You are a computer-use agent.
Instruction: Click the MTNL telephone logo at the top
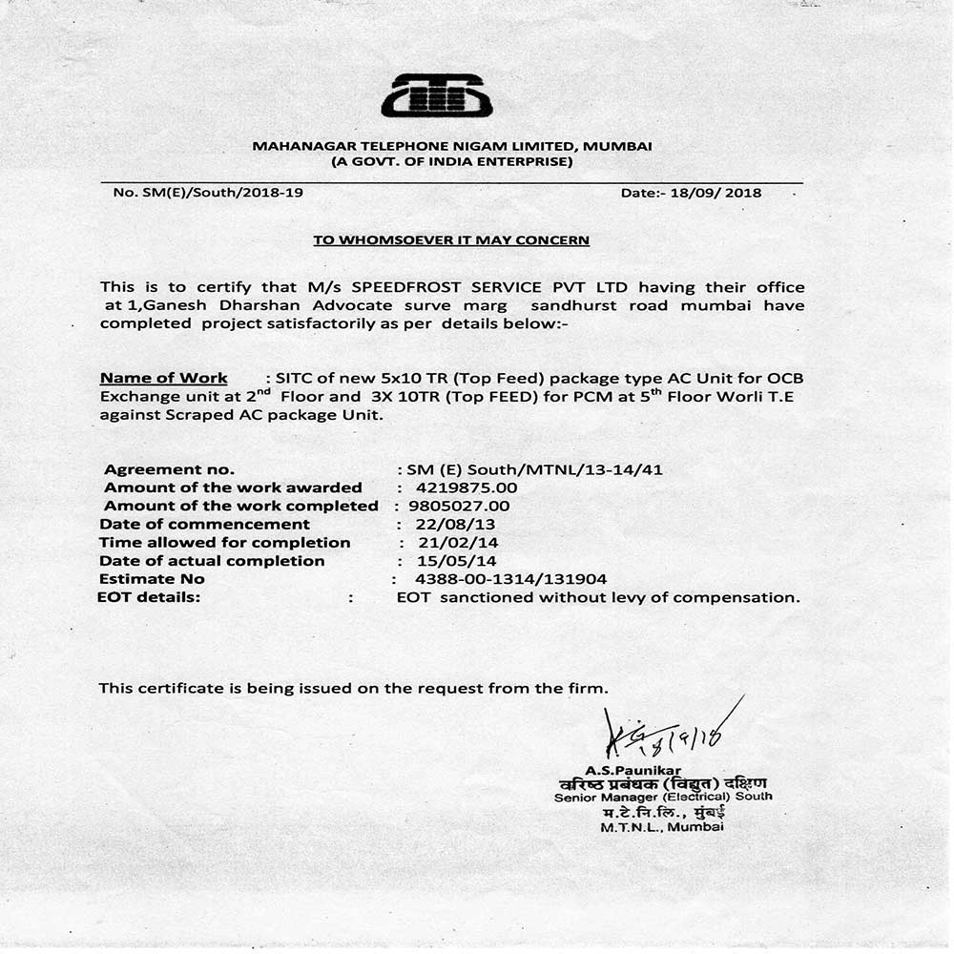coord(436,96)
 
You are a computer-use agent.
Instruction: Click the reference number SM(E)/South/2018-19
coord(208,193)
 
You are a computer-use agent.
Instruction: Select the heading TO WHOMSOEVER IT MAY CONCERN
coord(451,240)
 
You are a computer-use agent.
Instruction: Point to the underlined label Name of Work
coord(164,378)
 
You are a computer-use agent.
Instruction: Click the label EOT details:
coord(149,597)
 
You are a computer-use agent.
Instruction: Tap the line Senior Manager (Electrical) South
coord(663,797)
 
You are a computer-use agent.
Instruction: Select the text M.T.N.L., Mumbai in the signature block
coord(662,828)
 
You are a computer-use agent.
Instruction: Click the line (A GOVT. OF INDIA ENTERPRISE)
coord(451,161)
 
